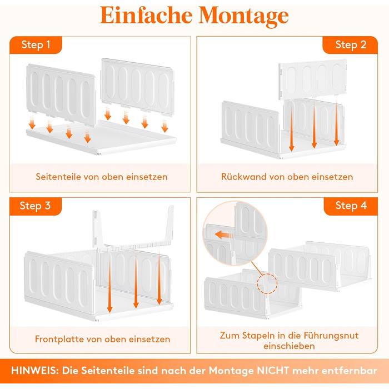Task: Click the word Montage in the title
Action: pos(243,16)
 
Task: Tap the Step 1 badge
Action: pos(36,45)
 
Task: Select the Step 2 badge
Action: pos(350,45)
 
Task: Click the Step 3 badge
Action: pos(36,206)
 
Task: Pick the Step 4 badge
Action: pos(351,206)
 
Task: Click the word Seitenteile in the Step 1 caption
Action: pos(58,177)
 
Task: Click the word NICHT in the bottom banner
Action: pos(273,371)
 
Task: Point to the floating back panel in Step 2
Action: pos(312,79)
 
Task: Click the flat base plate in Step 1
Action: pos(102,138)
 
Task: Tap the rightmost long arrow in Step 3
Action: pos(159,277)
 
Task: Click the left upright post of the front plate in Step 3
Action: pos(97,229)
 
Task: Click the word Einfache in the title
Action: pos(146,16)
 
